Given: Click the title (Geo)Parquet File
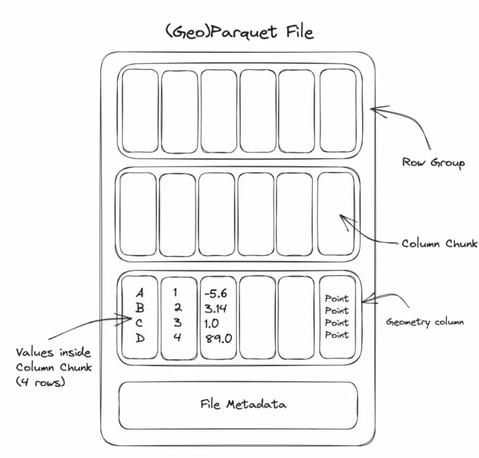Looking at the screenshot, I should click(239, 33).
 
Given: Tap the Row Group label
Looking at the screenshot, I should click(433, 162).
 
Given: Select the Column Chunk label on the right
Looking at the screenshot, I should click(439, 243).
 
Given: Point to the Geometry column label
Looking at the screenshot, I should click(425, 321).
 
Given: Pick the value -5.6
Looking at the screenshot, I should click(216, 294).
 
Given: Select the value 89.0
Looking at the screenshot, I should click(218, 338).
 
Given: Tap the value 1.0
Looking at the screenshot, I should click(212, 323).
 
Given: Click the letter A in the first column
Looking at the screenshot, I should click(140, 294).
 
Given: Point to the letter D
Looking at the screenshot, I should click(140, 338).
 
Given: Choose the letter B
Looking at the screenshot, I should click(140, 308).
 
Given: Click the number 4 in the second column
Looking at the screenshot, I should click(178, 337).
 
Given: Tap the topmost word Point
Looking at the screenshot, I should click(336, 298).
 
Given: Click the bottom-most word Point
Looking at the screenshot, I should click(336, 334).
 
